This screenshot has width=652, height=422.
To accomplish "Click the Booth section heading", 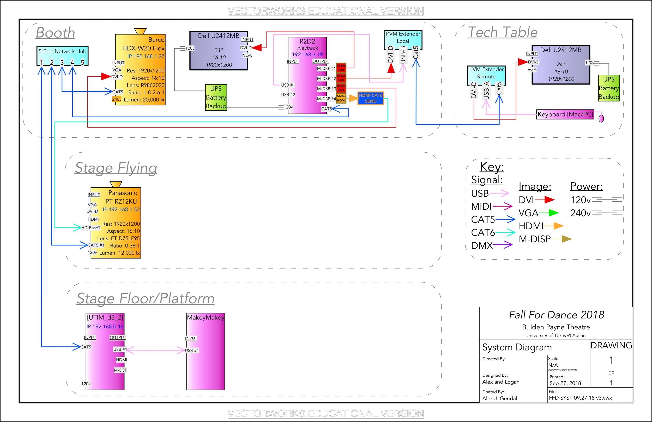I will pyautogui.click(x=55, y=33).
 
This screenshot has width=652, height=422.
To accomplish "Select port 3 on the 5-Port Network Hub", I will pyautogui.click(x=62, y=63).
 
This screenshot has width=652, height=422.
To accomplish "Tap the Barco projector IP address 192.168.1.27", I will pyautogui.click(x=146, y=56).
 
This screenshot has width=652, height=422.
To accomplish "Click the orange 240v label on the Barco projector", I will pyautogui.click(x=116, y=99).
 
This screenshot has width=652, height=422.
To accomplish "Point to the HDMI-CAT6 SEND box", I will pyautogui.click(x=370, y=98).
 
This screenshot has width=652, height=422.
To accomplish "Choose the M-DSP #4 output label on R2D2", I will pyautogui.click(x=326, y=99).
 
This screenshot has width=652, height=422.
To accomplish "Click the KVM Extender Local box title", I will pyautogui.click(x=403, y=38).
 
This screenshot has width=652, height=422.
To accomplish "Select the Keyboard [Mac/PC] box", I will pyautogui.click(x=565, y=114).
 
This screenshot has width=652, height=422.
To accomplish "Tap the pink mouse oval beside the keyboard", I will pyautogui.click(x=601, y=118).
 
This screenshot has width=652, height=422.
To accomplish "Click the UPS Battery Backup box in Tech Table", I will pyautogui.click(x=609, y=88).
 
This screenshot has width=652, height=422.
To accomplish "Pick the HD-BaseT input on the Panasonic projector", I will pyautogui.click(x=91, y=228).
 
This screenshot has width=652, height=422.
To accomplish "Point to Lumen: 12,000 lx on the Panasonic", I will pyautogui.click(x=119, y=253).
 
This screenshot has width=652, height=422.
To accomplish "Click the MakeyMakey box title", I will pyautogui.click(x=206, y=317).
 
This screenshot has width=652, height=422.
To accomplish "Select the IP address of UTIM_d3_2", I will pyautogui.click(x=105, y=326).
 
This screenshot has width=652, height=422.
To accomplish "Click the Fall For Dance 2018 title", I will pyautogui.click(x=556, y=315).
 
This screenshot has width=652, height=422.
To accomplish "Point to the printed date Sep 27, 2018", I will pyautogui.click(x=565, y=383).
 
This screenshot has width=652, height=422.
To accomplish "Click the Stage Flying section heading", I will pyautogui.click(x=116, y=168).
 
